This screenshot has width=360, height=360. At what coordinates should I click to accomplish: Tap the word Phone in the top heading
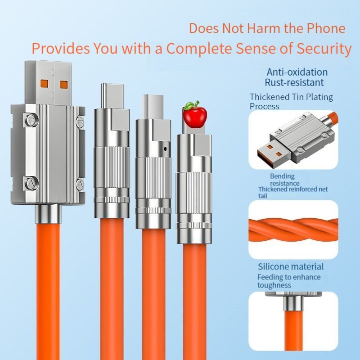click(326, 28)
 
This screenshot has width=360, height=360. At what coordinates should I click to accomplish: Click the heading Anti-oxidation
click(297, 72)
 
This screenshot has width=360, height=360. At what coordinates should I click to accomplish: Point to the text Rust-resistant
click(294, 82)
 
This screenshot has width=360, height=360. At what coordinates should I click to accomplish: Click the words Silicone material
click(290, 266)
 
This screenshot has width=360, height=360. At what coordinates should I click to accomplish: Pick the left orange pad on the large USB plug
click(45, 84)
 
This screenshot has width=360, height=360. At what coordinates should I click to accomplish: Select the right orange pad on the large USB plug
click(64, 85)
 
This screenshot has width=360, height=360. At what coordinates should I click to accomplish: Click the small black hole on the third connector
click(166, 149)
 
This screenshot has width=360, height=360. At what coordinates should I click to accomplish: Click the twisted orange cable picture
click(293, 229)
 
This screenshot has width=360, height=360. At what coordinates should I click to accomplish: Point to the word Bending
click(282, 176)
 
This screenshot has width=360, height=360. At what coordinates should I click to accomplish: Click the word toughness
click(274, 285)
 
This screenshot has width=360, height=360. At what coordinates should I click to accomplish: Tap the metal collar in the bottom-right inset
click(293, 303)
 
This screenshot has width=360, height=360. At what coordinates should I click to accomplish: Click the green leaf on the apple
click(190, 105)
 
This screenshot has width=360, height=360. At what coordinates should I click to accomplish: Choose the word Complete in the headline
click(198, 49)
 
